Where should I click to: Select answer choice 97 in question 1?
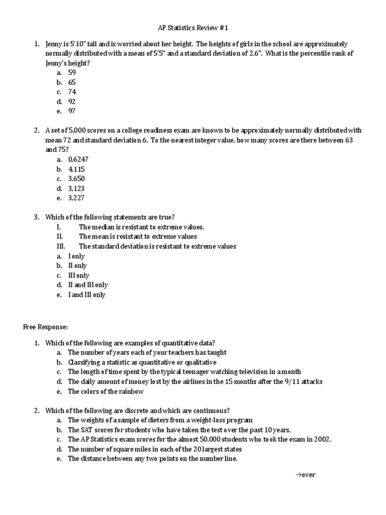click(72, 111)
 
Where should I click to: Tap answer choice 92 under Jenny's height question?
click(72, 102)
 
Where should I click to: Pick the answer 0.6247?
click(78, 159)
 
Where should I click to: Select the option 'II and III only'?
click(88, 285)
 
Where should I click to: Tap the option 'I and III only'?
click(86, 295)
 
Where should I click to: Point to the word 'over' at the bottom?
click(309, 474)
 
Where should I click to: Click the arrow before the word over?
click(298, 474)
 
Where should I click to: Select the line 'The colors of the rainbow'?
click(106, 391)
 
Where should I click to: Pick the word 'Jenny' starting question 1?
click(53, 44)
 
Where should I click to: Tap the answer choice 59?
click(72, 72)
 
